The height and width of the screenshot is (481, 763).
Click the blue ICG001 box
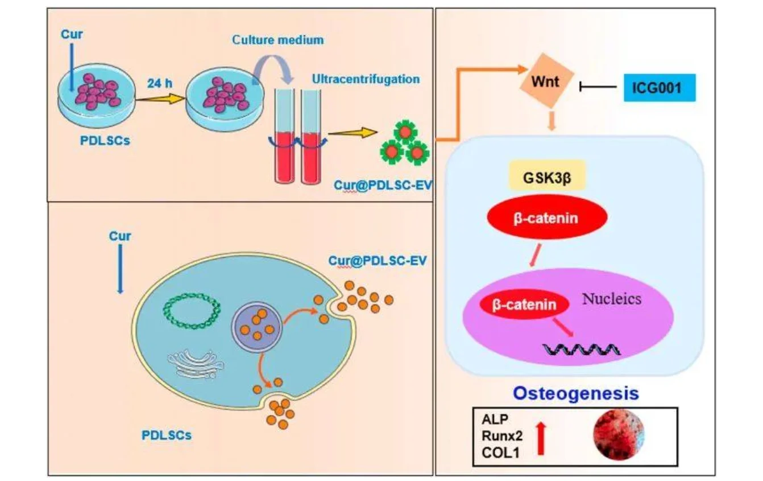tap(660, 88)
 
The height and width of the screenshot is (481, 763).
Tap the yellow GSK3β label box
tap(548, 179)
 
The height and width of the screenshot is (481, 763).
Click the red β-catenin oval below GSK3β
tap(546, 218)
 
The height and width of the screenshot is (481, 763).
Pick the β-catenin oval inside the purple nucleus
tap(525, 305)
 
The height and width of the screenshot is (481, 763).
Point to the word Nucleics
tap(611, 298)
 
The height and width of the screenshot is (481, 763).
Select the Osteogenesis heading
tap(577, 393)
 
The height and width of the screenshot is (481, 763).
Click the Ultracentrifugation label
tap(366, 79)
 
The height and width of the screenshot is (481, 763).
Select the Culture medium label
tap(277, 40)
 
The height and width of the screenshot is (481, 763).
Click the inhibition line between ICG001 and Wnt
tap(598, 87)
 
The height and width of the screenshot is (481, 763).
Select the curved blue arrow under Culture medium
tap(272, 65)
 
